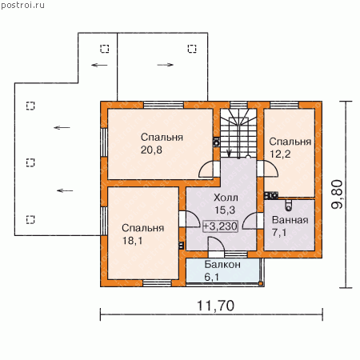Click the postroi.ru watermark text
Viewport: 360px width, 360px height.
tap(22, 6)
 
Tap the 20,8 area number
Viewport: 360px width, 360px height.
tap(151, 150)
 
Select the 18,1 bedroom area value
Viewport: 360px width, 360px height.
tap(132, 241)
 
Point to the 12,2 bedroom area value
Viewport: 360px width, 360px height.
tap(280, 154)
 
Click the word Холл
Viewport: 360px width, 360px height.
tap(226, 198)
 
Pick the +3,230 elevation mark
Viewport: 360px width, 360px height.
tap(220, 226)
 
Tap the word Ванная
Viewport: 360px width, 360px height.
tap(290, 220)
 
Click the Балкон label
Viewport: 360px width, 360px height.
tap(222, 265)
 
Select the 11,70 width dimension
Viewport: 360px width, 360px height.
tap(215, 306)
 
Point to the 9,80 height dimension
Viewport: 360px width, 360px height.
tap(337, 194)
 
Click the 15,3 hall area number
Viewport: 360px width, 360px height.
tap(225, 210)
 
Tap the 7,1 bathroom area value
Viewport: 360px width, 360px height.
tap(279, 233)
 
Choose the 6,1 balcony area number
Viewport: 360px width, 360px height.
tap(211, 277)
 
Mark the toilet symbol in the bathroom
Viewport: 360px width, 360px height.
tap(288, 205)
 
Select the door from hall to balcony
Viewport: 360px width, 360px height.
tap(217, 244)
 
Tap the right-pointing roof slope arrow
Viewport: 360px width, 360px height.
tap(166, 65)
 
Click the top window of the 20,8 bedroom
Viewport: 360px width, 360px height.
tap(163, 105)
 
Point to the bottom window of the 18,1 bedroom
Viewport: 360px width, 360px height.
tap(157, 283)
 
